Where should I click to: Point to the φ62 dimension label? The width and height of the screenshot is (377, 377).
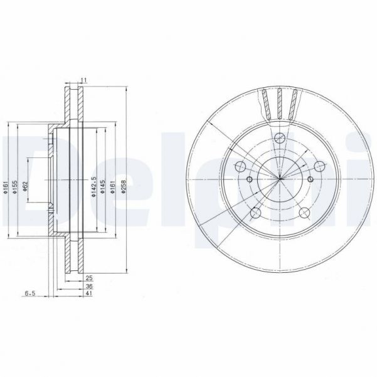pos(24,186)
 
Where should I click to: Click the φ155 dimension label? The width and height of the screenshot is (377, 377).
pos(14,186)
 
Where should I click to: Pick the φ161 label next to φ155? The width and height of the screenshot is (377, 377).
pos(6,186)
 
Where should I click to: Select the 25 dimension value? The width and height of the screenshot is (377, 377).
pos(89,276)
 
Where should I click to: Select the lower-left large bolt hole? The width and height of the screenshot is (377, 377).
pos(255,214)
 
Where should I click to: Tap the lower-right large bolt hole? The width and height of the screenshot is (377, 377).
pos(304,214)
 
